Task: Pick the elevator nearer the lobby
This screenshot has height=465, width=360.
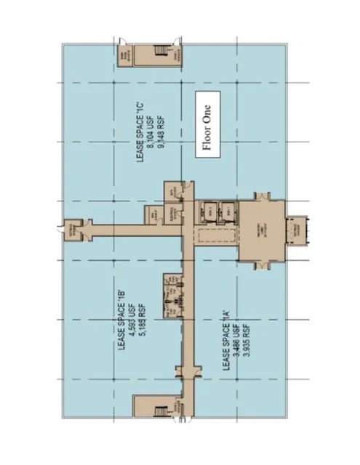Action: pos(228,210)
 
